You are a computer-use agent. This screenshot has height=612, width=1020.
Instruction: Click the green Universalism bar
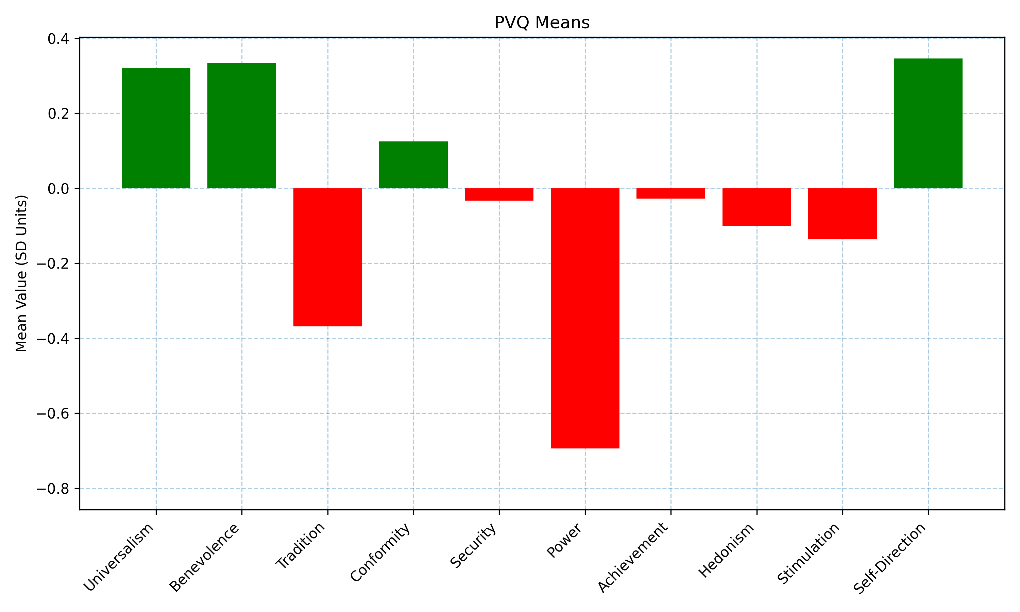[x=156, y=128]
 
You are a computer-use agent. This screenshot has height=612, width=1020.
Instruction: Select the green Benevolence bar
[x=242, y=126]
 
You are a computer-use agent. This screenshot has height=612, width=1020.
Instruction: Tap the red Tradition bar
[x=327, y=257]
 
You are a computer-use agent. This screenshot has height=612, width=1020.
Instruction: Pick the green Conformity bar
[x=413, y=165]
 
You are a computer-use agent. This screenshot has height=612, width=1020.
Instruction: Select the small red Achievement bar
[x=670, y=193]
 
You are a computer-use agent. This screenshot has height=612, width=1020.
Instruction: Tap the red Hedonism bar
[x=756, y=207]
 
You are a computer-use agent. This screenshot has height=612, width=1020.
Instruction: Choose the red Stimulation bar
[x=842, y=214]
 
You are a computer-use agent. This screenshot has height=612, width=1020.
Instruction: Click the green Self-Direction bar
[x=928, y=123]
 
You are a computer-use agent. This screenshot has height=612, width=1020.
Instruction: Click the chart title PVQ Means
[x=542, y=23]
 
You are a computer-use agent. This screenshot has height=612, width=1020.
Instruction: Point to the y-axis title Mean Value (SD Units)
[x=21, y=273]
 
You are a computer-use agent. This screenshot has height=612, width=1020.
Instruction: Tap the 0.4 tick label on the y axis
[x=58, y=39]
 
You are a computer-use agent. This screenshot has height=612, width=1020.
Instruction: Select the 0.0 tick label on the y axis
[x=58, y=189]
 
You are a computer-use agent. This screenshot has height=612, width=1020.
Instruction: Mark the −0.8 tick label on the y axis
[x=53, y=489]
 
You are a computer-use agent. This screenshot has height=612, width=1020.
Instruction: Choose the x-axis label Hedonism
[x=726, y=550]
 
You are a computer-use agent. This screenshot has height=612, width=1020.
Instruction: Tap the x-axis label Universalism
[x=119, y=558]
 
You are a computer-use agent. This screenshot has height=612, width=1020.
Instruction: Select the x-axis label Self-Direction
[x=890, y=559]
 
